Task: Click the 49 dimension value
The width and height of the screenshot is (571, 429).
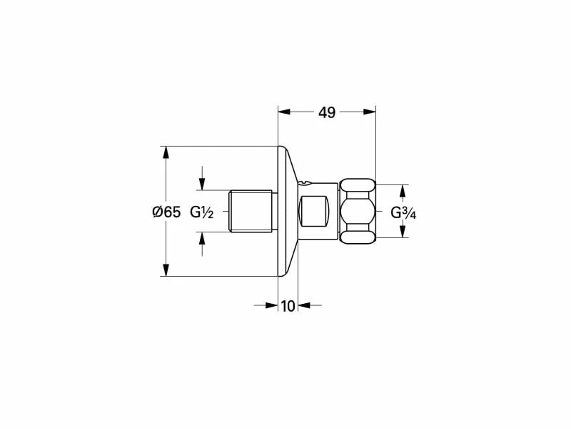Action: click(x=326, y=112)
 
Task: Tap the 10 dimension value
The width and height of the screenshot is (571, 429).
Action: click(x=288, y=306)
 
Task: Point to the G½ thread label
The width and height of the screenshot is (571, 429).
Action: click(x=203, y=212)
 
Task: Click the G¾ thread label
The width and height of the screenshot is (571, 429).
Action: click(x=404, y=212)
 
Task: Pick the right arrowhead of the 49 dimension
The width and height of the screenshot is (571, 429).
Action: click(x=369, y=112)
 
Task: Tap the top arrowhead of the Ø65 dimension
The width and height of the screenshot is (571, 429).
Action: click(x=166, y=153)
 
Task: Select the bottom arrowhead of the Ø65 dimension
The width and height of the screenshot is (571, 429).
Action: click(x=166, y=270)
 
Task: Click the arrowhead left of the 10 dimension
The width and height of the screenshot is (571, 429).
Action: click(x=271, y=305)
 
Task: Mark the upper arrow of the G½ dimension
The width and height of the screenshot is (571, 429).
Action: click(x=202, y=183)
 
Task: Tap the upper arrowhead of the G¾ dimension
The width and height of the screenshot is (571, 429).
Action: click(x=402, y=191)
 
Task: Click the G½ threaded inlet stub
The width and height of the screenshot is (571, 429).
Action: click(x=251, y=211)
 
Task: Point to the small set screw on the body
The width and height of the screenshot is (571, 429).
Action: click(x=306, y=183)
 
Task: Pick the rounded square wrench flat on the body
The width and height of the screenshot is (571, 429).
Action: click(x=315, y=211)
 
